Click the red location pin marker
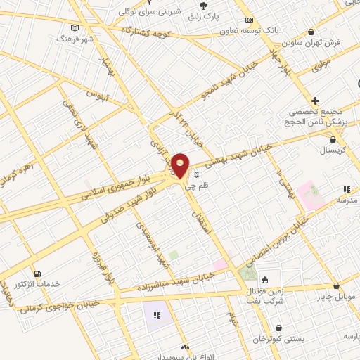click(x=181, y=165)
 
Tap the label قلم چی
click(x=195, y=186)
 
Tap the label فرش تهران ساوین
click(x=316, y=42)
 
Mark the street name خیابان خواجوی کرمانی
click(x=60, y=304)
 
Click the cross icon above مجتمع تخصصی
click(x=316, y=101)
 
